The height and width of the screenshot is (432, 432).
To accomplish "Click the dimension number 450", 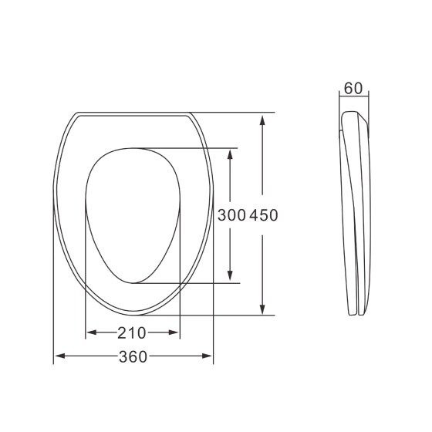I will [x=262, y=215].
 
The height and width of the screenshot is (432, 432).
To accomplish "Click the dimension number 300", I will [x=231, y=215].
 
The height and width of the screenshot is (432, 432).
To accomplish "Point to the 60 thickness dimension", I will [x=353, y=88].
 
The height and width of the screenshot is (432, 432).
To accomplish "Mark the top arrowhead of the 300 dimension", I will [x=231, y=152].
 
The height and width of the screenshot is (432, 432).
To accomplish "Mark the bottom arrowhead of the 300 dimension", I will [x=231, y=278].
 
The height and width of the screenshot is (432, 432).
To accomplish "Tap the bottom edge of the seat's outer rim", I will [x=133, y=314].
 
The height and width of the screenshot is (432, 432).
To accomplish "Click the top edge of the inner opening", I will [x=132, y=147].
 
